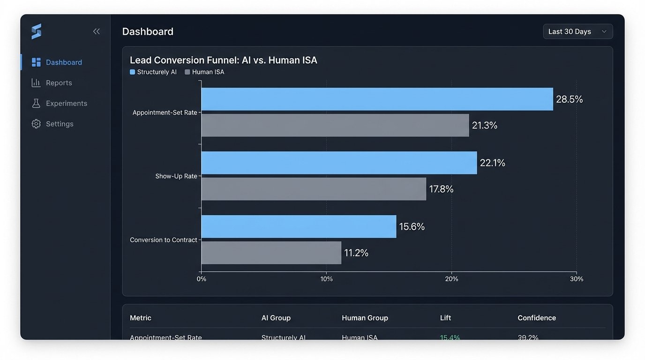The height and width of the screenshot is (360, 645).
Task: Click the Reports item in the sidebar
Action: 59,83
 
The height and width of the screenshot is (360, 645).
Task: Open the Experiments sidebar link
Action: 66,104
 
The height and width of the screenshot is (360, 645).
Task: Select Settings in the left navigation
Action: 60,124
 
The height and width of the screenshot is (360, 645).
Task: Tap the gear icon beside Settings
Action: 36,124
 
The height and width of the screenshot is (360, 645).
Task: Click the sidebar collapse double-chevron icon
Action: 97,31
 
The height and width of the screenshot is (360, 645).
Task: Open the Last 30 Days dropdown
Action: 577,31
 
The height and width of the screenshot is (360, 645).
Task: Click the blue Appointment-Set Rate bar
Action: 377,99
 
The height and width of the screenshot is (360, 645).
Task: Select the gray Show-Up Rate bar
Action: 314,189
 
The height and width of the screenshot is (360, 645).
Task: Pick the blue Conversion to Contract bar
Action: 299,227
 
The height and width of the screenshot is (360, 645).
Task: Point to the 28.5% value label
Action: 569,99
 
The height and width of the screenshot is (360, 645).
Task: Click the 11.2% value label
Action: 356,253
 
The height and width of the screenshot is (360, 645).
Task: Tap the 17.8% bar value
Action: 441,189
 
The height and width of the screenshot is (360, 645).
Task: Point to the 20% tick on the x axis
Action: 451,279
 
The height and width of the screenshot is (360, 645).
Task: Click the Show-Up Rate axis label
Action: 176,176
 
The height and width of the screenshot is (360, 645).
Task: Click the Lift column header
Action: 445,318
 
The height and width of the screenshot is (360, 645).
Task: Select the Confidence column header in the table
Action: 537,318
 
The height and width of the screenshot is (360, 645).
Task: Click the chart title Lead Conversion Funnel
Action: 223,60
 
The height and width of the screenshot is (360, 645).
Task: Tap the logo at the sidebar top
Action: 37,31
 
